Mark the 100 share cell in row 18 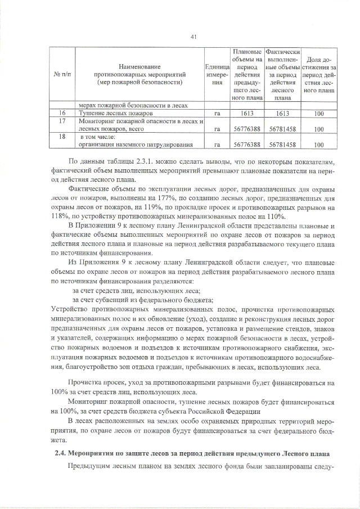pos(319,145)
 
